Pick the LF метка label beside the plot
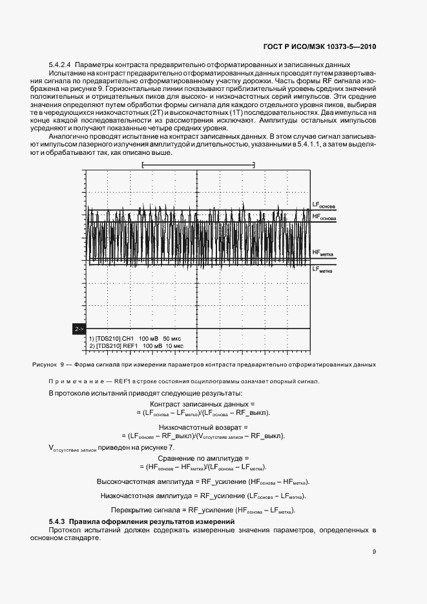coord(322,270)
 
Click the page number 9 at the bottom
coord(374,552)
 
